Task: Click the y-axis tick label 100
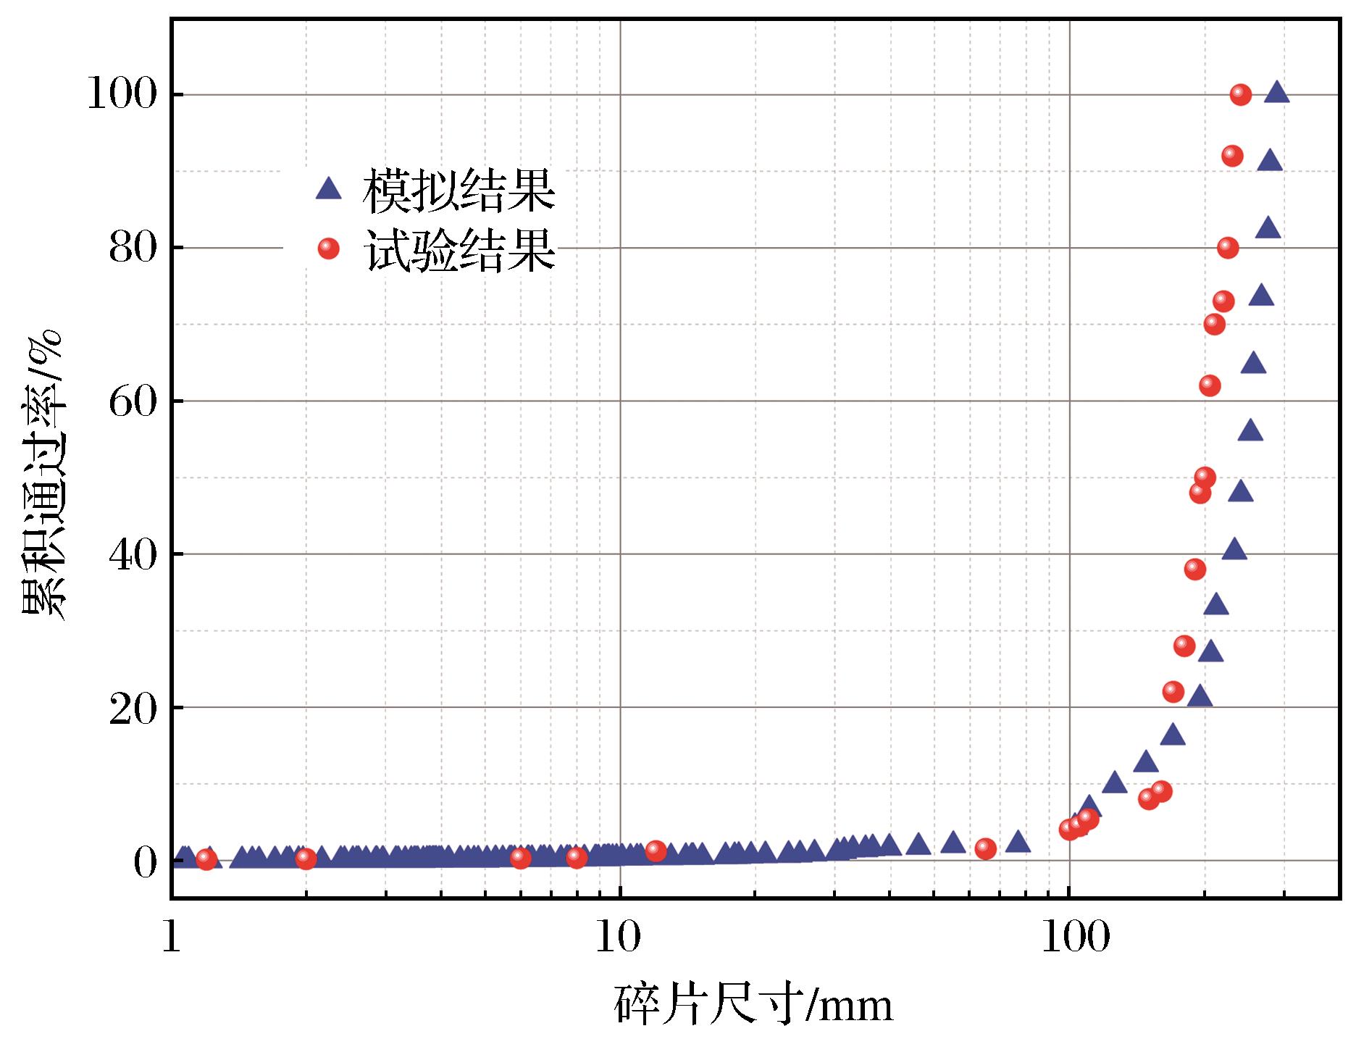(122, 95)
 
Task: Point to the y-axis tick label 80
(133, 249)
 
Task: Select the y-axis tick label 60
(133, 401)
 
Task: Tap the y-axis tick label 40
(133, 554)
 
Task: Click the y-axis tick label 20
(133, 708)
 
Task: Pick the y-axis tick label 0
(145, 861)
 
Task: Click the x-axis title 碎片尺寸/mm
(754, 1004)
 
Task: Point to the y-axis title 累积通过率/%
(43, 475)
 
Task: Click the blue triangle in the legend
(328, 189)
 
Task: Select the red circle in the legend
(328, 249)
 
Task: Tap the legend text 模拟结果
(459, 191)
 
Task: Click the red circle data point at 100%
(1240, 94)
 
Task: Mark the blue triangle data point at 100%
(1276, 92)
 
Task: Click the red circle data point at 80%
(1227, 248)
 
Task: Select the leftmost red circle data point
(206, 859)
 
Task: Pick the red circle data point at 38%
(1195, 569)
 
